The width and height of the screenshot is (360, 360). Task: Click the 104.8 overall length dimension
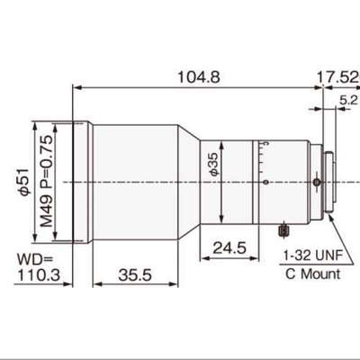[x=199, y=77]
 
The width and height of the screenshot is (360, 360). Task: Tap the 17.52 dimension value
[x=338, y=77]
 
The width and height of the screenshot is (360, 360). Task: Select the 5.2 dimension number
[x=348, y=100]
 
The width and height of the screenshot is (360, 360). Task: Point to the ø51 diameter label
[x=23, y=182]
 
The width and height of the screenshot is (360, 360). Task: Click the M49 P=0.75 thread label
[x=47, y=182]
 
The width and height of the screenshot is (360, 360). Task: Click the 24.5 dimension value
[x=229, y=248]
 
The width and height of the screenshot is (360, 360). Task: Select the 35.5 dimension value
[x=135, y=274]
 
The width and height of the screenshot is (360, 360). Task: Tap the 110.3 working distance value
[x=39, y=274]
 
